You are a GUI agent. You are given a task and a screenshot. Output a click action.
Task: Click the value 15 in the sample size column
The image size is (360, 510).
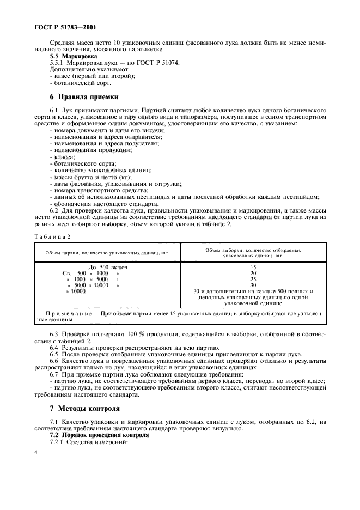pos(253,267)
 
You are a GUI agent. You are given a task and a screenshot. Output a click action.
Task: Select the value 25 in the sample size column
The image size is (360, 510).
pos(253,279)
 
